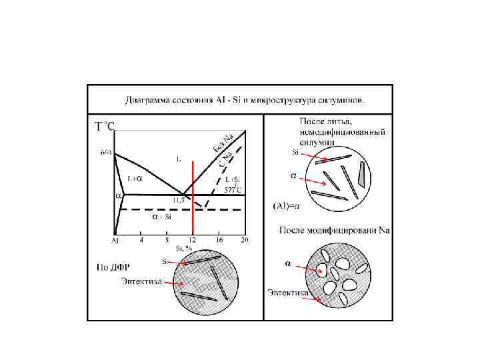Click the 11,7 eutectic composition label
(179, 199)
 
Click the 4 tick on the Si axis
(141, 239)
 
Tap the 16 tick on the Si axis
(219, 239)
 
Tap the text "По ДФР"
(108, 268)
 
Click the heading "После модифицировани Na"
(334, 231)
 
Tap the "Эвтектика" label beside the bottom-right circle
(288, 293)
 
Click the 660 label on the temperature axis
(106, 152)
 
